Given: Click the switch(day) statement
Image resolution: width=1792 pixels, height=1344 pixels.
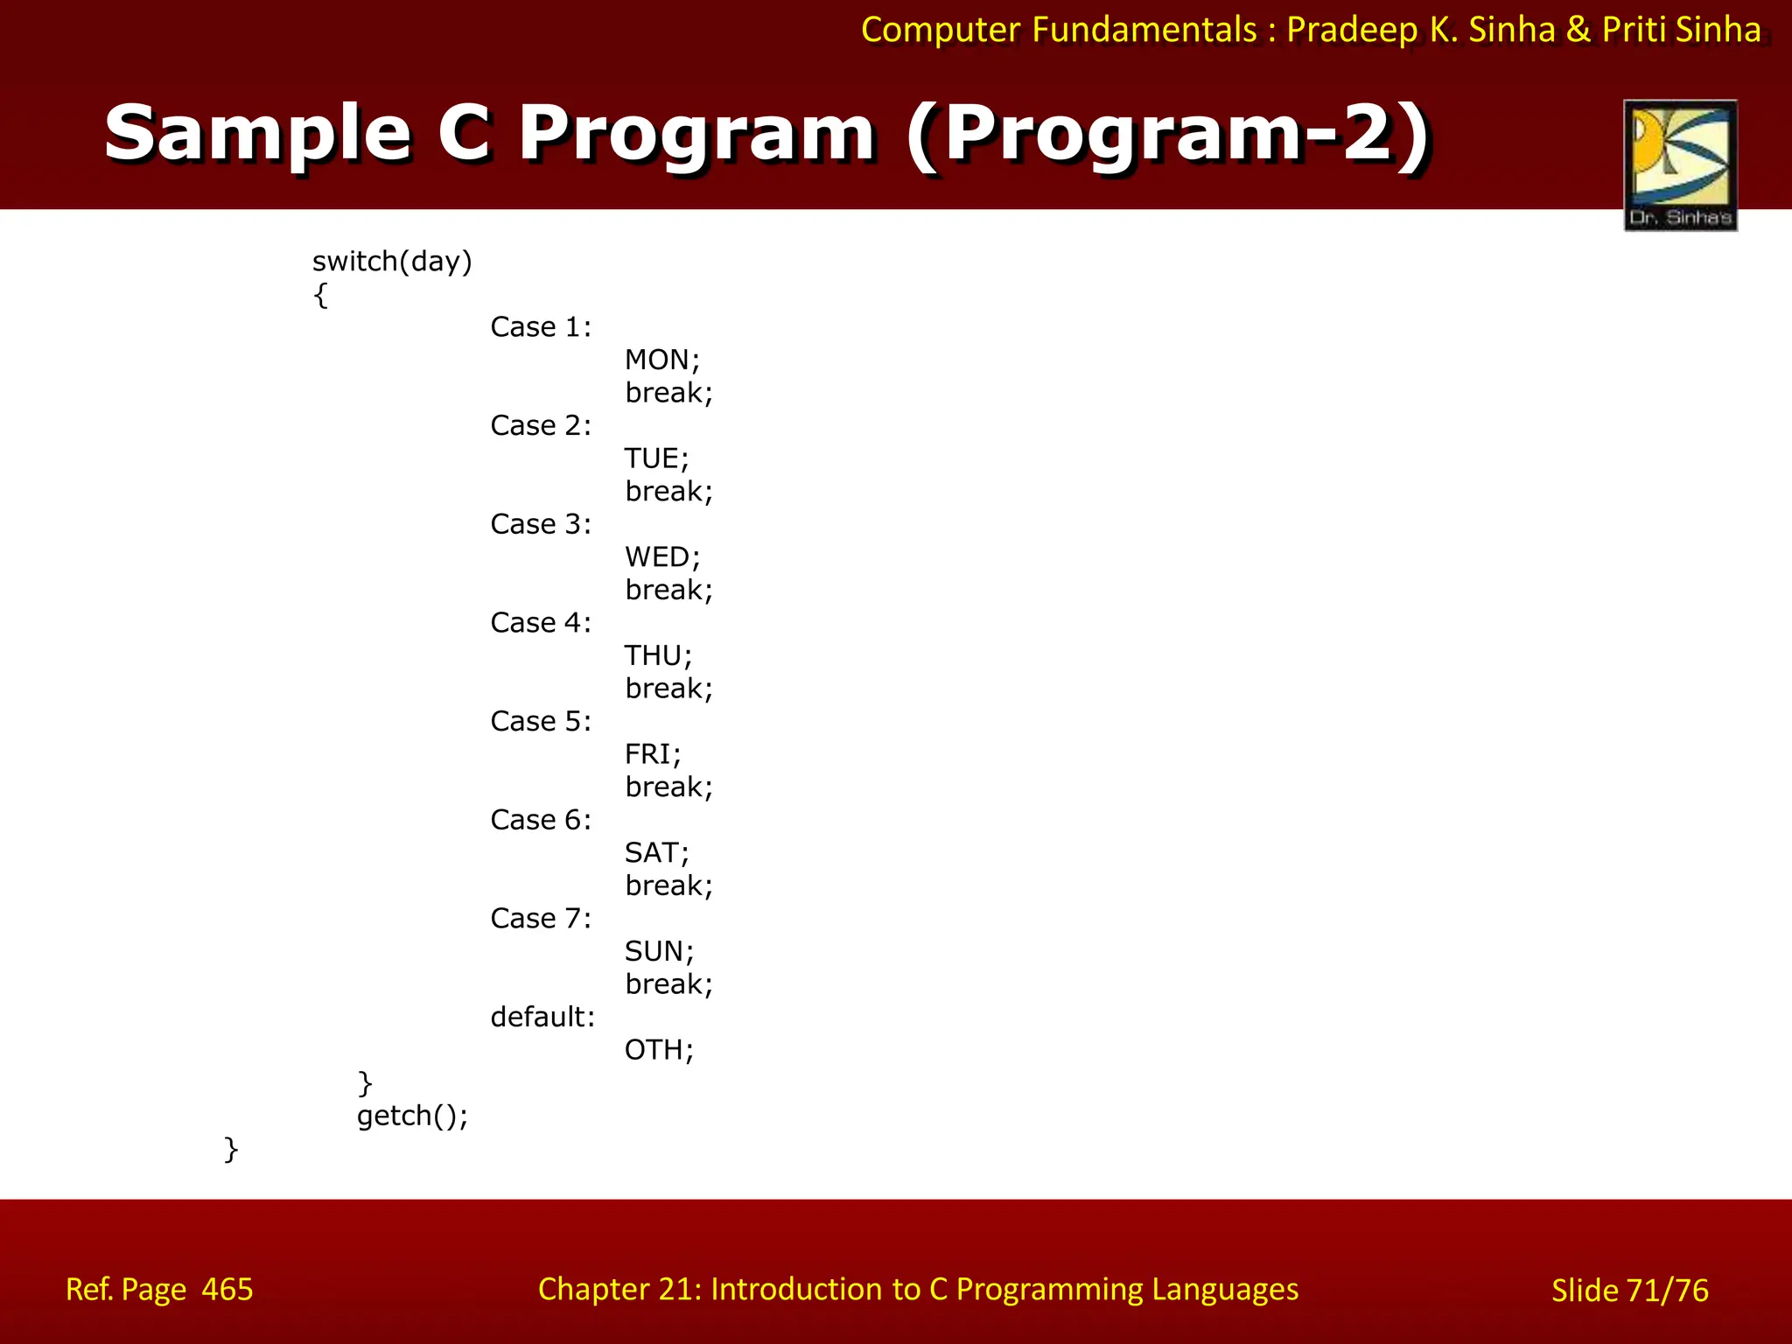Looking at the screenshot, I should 392,262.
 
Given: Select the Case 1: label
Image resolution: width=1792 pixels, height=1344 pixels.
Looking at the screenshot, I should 541,327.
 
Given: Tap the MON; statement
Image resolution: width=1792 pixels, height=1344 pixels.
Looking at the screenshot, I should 661,360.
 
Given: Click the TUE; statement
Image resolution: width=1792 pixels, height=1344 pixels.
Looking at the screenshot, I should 656,458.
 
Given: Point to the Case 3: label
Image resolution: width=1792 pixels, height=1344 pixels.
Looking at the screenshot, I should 541,524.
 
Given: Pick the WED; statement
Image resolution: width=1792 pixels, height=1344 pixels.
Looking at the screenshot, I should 661,557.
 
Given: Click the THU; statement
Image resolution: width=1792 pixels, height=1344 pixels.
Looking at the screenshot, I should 658,655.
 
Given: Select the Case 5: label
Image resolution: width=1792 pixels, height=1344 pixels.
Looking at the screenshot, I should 541,721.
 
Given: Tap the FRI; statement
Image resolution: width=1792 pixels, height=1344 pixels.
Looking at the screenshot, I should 652,754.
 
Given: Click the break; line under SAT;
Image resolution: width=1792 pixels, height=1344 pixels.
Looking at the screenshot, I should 668,885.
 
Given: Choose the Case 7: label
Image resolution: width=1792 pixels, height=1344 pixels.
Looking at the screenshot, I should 541,919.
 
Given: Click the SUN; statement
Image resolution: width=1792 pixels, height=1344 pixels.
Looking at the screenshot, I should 659,951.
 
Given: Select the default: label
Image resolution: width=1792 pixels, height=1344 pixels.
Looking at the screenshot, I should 542,1017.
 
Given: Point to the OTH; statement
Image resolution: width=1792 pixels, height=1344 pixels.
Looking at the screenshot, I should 659,1050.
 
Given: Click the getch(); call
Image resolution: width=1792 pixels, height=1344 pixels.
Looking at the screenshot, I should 412,1116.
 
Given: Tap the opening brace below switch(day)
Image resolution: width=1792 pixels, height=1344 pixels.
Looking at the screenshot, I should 320,295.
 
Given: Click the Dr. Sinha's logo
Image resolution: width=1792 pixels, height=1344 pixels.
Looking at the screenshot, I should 1680,165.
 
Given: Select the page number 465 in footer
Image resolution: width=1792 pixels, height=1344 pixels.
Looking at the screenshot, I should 227,1289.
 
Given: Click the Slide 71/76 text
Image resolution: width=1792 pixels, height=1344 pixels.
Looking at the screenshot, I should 1629,1291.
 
